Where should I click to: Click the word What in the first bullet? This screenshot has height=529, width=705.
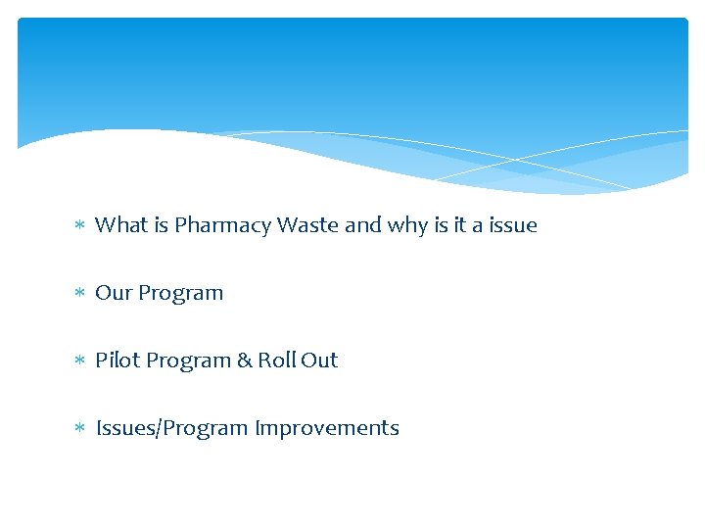(120, 225)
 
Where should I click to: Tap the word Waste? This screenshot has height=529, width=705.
(308, 225)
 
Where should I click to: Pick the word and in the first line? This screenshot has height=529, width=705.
(363, 225)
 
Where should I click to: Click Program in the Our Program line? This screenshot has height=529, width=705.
(181, 294)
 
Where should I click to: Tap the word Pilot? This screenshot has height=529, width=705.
(114, 361)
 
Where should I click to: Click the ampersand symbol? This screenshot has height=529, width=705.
(245, 361)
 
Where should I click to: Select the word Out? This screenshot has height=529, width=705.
(319, 361)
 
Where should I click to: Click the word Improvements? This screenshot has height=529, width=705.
(327, 429)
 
